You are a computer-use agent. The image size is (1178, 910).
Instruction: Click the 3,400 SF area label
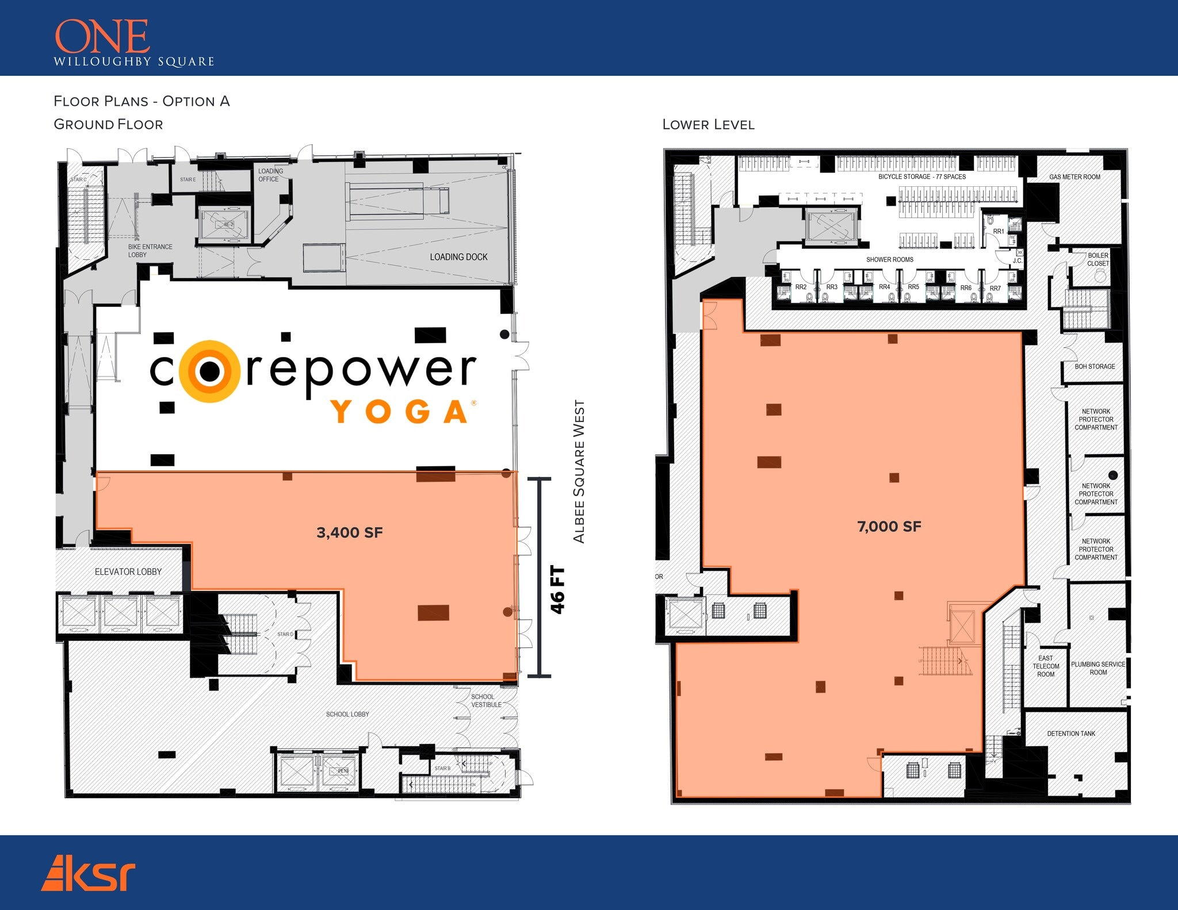[x=349, y=533]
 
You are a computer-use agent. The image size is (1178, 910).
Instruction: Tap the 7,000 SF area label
[x=889, y=527]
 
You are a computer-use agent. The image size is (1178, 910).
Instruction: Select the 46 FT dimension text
[x=557, y=590]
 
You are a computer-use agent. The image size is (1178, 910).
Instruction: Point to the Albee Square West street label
[x=579, y=471]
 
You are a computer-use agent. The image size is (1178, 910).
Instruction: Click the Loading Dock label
[x=458, y=257]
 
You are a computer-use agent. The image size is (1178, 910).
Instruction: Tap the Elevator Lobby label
[x=128, y=571]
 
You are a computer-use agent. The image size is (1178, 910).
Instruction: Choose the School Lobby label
[x=347, y=714]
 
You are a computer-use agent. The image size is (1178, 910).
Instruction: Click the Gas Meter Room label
[x=1074, y=177]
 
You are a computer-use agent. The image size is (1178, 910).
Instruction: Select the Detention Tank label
[x=1071, y=734]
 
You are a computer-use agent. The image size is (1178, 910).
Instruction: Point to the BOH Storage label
[x=1095, y=366]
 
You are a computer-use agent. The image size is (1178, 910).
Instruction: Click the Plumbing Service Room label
[x=1098, y=668]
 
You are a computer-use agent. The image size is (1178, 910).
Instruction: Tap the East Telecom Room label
[x=1045, y=666]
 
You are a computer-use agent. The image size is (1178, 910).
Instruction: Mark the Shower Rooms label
[x=889, y=260]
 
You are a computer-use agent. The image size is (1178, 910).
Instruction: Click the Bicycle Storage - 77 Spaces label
[x=921, y=176]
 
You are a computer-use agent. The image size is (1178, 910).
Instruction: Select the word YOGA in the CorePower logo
[x=400, y=412]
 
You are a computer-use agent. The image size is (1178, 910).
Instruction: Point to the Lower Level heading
[x=708, y=125]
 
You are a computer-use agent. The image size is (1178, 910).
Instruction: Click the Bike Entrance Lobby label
[x=150, y=251]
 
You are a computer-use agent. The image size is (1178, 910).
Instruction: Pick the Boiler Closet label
[x=1097, y=259]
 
